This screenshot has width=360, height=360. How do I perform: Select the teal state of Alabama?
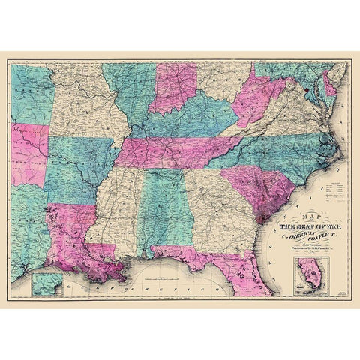163,214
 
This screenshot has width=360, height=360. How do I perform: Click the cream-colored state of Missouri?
82,105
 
